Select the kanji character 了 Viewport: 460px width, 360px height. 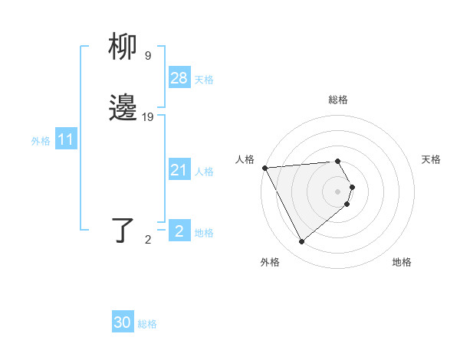click(x=123, y=231)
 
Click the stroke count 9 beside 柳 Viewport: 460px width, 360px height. click(x=148, y=56)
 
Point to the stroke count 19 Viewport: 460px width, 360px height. click(x=148, y=117)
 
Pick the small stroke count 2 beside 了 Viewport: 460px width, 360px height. click(x=148, y=240)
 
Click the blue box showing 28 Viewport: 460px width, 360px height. click(x=179, y=78)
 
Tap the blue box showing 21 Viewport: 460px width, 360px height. click(x=179, y=170)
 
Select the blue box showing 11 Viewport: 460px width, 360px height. click(x=66, y=139)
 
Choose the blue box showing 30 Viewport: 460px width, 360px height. click(x=123, y=322)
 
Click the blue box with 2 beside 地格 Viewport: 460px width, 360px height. click(x=179, y=231)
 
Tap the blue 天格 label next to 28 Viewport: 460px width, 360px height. click(x=204, y=80)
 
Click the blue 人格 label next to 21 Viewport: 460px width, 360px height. click(x=204, y=172)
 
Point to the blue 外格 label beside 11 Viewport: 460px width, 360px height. click(x=41, y=141)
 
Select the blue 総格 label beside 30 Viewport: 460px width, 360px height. click(x=147, y=324)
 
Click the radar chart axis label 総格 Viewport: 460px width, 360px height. click(x=337, y=100)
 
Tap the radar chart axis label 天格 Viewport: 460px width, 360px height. click(x=431, y=159)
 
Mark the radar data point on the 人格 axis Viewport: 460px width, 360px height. click(x=264, y=168)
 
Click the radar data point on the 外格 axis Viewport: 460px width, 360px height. click(x=301, y=242)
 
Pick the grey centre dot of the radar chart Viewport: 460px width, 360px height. click(x=337, y=191)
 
